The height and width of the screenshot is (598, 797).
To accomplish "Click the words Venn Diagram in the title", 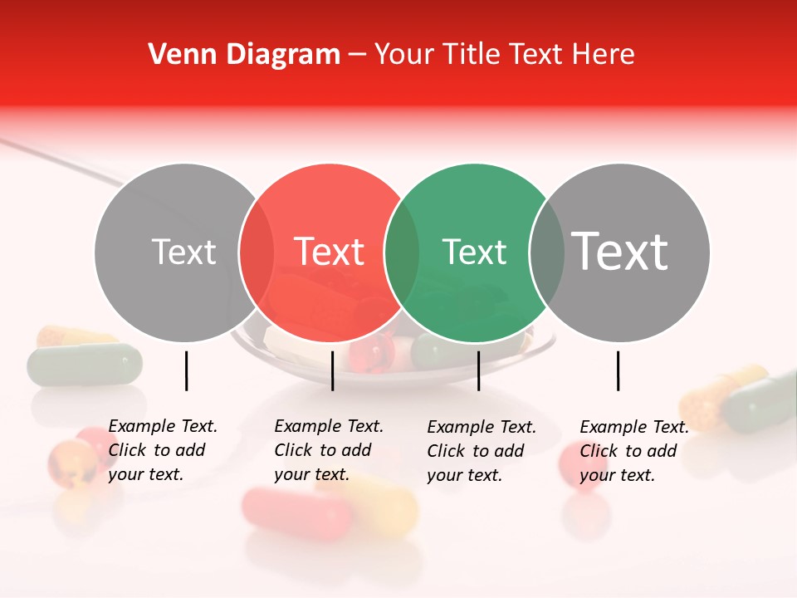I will tap(244, 55).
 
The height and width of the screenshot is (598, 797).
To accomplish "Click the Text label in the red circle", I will tap(330, 252).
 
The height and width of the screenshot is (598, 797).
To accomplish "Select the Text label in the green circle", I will tap(475, 252).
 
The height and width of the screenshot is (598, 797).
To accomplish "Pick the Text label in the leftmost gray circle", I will tap(184, 252).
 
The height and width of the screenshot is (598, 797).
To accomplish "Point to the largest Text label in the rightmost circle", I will tap(620, 251).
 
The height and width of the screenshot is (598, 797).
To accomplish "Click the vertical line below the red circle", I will tap(332, 370).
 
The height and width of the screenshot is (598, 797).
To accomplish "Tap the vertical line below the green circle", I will tap(478, 370).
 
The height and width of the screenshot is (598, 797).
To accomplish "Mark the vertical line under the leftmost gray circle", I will tap(186, 370).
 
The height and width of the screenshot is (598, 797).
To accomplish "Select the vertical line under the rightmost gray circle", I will tap(618, 370).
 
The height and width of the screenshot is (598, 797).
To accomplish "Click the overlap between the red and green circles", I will tap(403, 252).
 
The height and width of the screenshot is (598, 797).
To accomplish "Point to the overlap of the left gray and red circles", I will tap(257, 252).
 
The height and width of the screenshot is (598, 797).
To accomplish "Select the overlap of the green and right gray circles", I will tap(547, 252).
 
